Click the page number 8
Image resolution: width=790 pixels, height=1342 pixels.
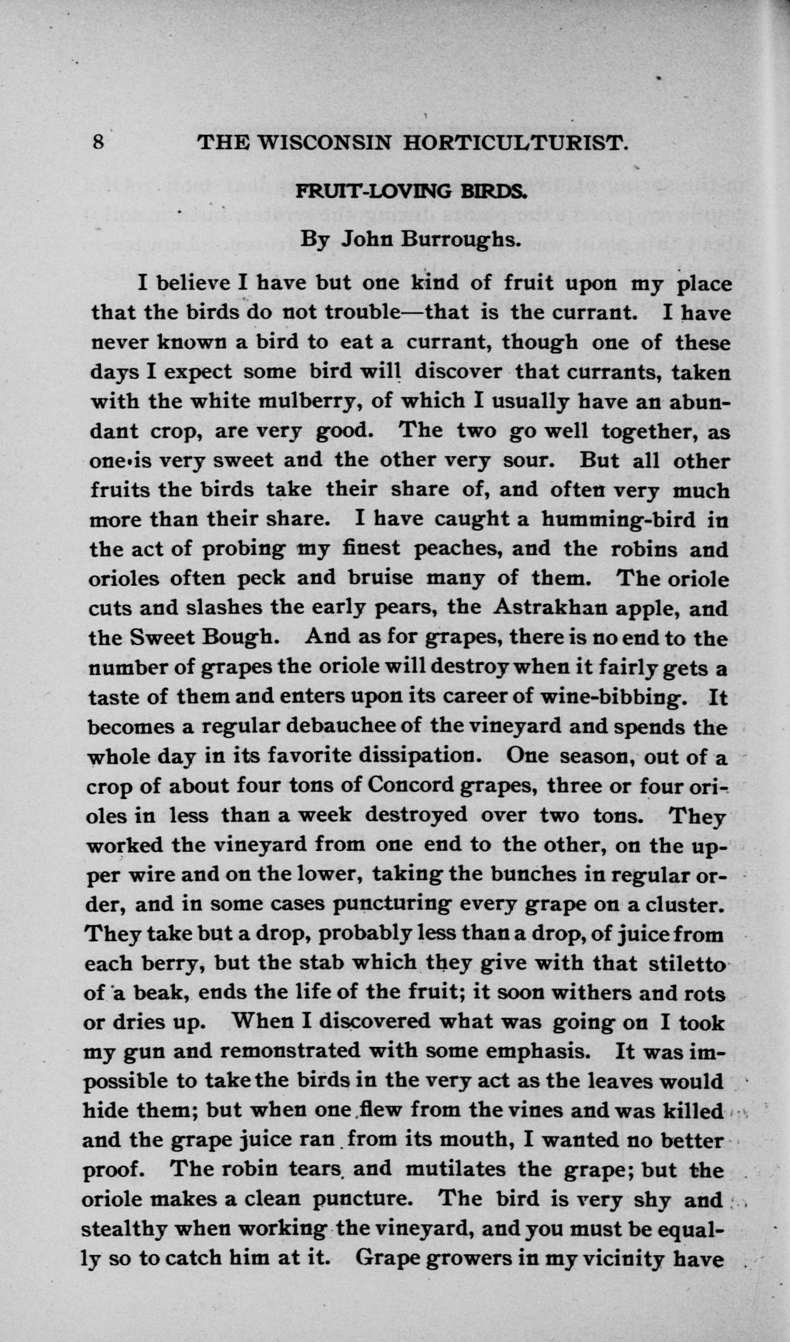coord(98,142)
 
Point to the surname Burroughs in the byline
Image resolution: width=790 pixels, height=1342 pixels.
coord(461,238)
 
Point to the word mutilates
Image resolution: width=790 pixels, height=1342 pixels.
coord(455,1169)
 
